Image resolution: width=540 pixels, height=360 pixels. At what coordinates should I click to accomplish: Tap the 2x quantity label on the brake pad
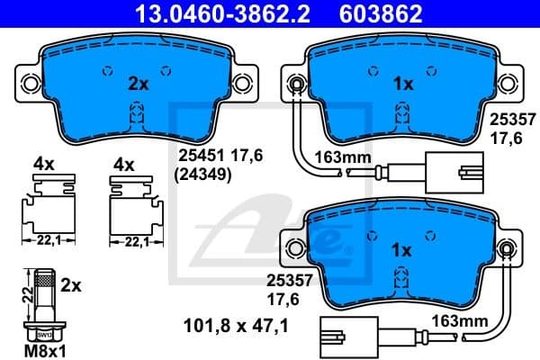[138, 85]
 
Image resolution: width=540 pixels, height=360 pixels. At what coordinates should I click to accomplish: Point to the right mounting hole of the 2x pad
[242, 84]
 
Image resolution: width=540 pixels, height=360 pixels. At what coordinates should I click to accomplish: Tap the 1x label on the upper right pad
[403, 85]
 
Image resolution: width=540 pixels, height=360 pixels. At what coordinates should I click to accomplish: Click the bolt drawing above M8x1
[43, 303]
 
